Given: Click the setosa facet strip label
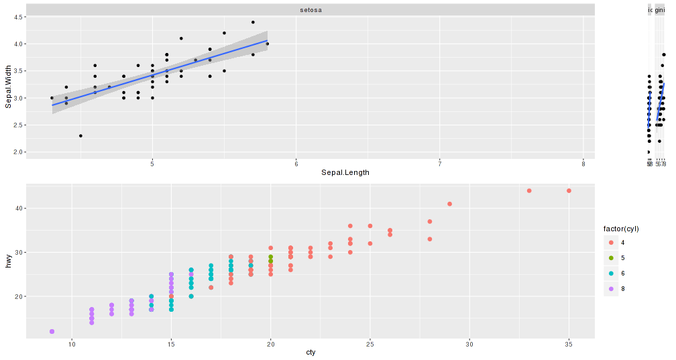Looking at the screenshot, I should coord(311,10).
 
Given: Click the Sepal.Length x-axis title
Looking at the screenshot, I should coord(345,172).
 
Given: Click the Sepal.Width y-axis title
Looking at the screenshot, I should coord(9,86).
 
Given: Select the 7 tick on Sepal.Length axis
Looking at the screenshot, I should coord(440,164).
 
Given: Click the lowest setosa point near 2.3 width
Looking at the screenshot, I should coord(80,136).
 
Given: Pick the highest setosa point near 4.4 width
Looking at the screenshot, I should coord(253,22).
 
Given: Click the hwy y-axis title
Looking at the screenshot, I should coord(9,263).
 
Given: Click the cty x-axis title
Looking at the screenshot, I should coord(311,353).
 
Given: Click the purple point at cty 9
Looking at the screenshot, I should coord(52,332).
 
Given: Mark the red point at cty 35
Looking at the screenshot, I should coord(569,191).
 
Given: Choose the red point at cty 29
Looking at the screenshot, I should coord(449,204).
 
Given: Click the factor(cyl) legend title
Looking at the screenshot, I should coord(621,229).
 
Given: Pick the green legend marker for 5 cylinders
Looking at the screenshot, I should coord(611,258).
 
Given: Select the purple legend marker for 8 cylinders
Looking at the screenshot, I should coord(611,289).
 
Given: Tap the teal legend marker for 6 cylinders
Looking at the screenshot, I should coord(611,274).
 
